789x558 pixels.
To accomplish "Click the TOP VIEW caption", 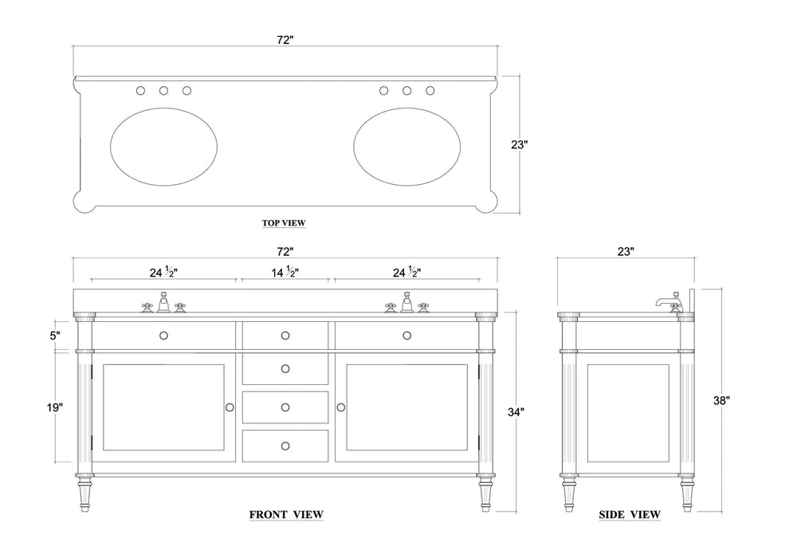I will [284, 223].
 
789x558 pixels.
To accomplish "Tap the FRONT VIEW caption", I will [286, 514].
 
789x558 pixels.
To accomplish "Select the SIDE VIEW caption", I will [630, 515].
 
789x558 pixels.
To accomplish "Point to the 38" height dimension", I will [721, 402].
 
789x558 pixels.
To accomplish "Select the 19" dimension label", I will [55, 407].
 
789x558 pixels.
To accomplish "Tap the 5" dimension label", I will [55, 336].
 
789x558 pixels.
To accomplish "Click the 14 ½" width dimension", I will [285, 272].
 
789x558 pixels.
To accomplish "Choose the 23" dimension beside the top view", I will [519, 145].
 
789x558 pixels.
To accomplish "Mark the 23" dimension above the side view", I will [626, 251].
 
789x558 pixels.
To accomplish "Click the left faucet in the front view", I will [163, 303].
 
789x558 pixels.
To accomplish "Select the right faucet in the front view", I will [406, 303].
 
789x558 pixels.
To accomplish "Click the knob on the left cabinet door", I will [230, 407].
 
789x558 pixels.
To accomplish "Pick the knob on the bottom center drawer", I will [285, 445].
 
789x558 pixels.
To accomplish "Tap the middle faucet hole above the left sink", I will [163, 91].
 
